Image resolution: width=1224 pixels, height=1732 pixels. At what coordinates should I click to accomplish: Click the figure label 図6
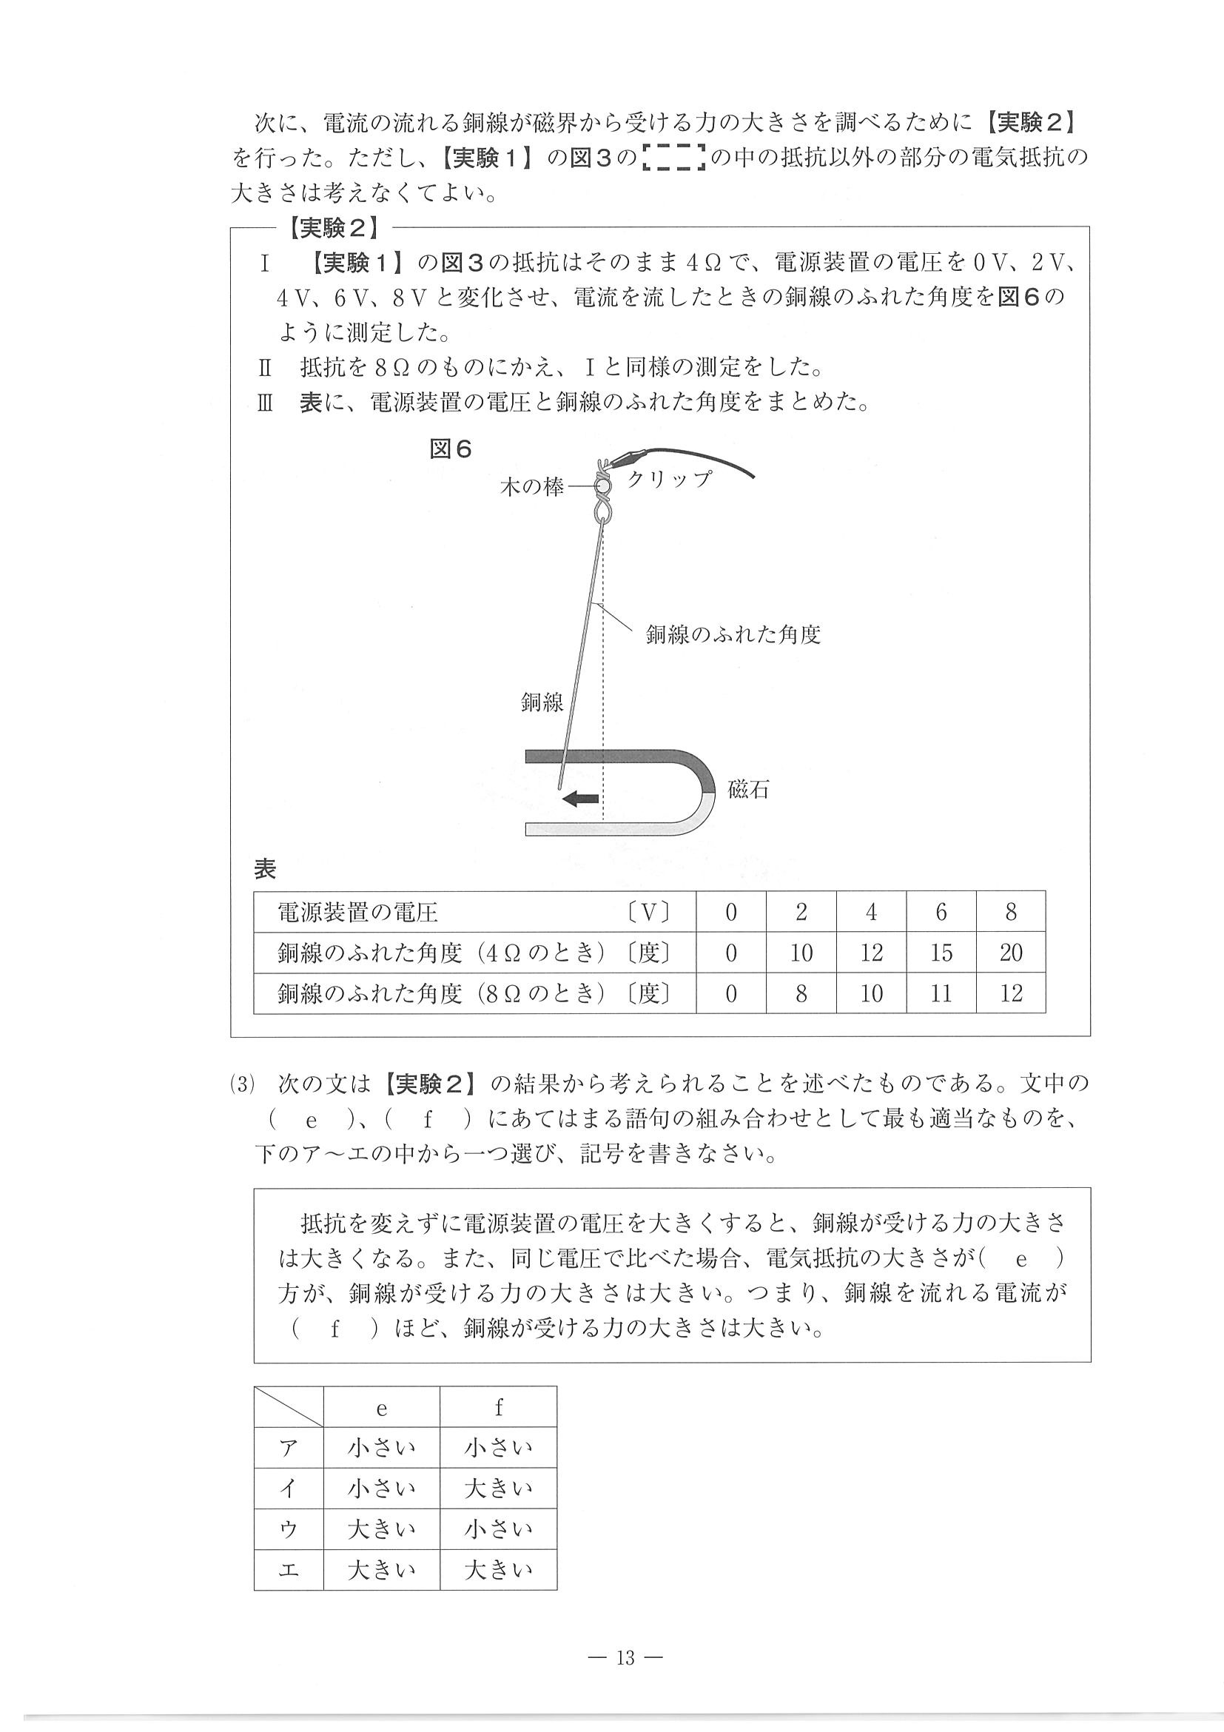pyautogui.click(x=450, y=449)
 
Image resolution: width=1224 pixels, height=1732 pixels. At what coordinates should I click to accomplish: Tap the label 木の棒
pyautogui.click(x=531, y=487)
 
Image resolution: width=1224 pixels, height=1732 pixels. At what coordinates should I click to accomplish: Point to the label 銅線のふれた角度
pyautogui.click(x=733, y=634)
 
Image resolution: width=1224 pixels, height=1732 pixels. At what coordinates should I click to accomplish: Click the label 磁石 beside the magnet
pyautogui.click(x=748, y=790)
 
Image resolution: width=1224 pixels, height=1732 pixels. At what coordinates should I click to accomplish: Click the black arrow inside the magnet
pyautogui.click(x=582, y=799)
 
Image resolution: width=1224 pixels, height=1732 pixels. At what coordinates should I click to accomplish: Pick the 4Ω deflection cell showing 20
pyautogui.click(x=1011, y=953)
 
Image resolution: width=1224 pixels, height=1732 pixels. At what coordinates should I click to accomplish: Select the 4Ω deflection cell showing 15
pyautogui.click(x=941, y=953)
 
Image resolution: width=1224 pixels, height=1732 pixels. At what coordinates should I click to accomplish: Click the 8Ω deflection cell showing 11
pyautogui.click(x=941, y=993)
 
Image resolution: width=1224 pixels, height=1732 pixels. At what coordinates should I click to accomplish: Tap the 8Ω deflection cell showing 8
pyautogui.click(x=801, y=993)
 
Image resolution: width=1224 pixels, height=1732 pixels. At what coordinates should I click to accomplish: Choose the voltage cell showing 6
pyautogui.click(x=941, y=913)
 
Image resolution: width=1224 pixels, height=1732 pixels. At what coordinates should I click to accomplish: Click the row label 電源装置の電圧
pyautogui.click(x=357, y=913)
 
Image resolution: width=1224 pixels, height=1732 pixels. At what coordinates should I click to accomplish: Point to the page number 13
pyautogui.click(x=625, y=1657)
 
